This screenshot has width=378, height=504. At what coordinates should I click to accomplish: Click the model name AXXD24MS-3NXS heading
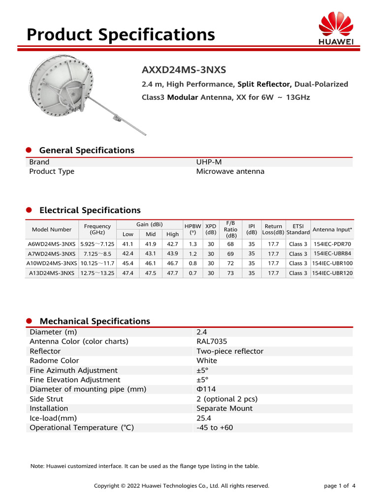click(x=184, y=69)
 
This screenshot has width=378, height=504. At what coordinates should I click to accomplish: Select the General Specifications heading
click(x=86, y=150)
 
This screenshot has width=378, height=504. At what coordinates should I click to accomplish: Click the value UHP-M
click(x=209, y=162)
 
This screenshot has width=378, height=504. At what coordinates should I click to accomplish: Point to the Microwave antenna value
click(x=230, y=171)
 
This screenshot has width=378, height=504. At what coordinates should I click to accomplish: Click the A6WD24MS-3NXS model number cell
click(x=52, y=244)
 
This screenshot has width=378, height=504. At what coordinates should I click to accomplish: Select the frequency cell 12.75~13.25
click(x=97, y=273)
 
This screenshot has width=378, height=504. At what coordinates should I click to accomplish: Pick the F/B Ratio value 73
click(x=230, y=273)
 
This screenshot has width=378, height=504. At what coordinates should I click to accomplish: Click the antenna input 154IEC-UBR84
click(x=332, y=253)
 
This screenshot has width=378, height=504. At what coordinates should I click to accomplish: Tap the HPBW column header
click(x=192, y=229)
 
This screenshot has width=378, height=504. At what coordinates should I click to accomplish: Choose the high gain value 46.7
click(x=172, y=263)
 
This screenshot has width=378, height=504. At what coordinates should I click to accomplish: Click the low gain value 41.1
click(x=128, y=244)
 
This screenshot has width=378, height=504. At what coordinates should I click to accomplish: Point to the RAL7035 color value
click(x=212, y=342)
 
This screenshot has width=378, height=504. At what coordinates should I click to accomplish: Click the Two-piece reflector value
click(x=230, y=351)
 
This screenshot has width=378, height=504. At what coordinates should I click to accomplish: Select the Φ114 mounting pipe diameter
click(x=206, y=389)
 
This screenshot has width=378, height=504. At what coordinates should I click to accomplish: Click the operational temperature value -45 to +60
click(x=215, y=428)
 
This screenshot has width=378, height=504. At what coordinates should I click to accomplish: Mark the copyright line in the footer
click(x=182, y=486)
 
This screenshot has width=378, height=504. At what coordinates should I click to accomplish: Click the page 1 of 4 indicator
click(x=340, y=486)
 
